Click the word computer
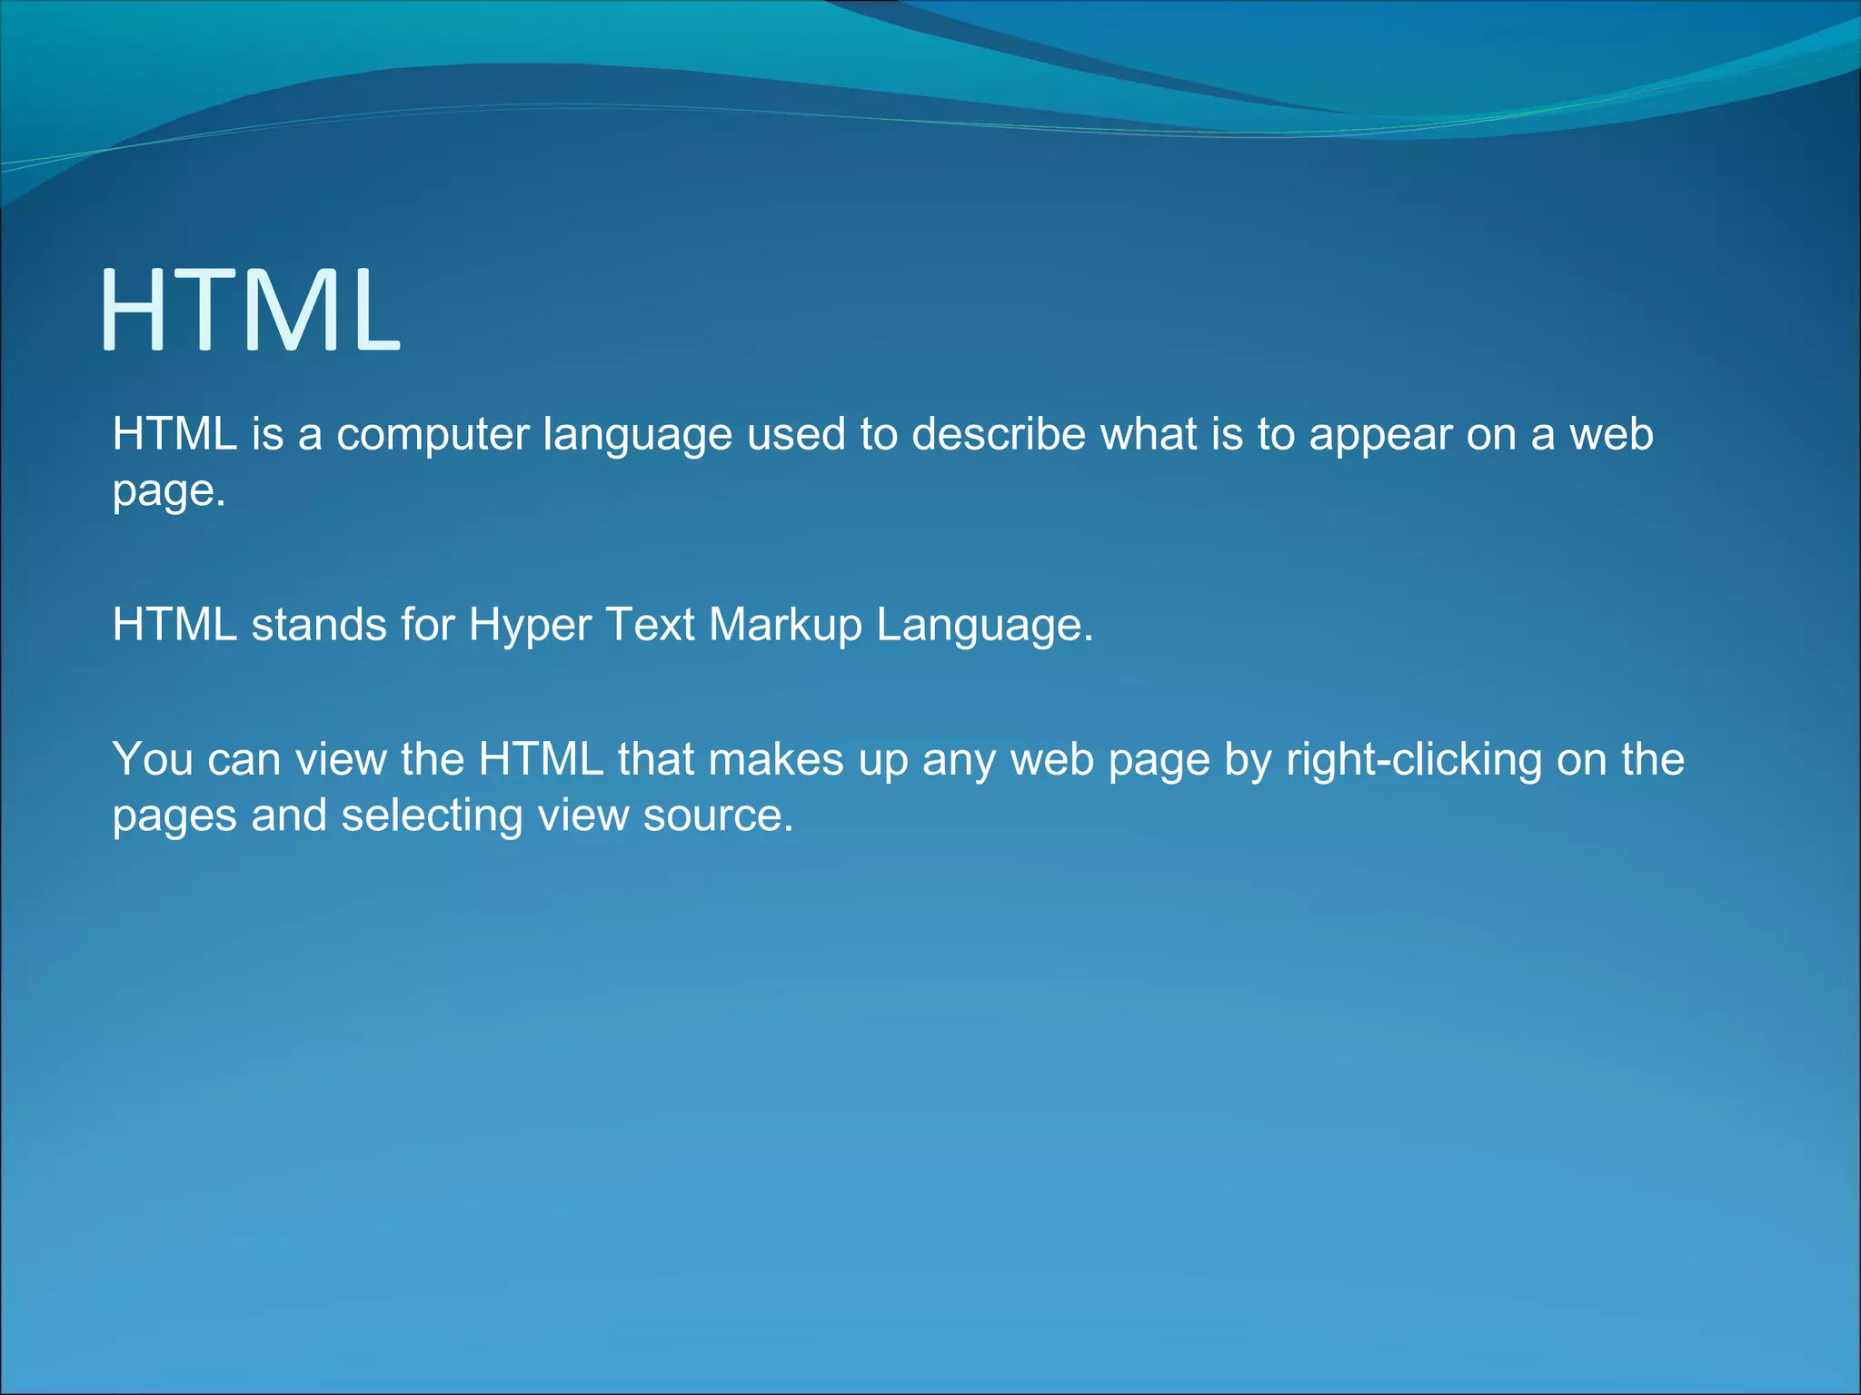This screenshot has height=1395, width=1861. point(433,434)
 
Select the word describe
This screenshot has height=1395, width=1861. point(999,434)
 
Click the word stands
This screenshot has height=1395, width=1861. point(319,625)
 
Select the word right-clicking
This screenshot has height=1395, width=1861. point(1414,761)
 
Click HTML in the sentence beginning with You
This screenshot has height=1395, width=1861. point(541,759)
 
